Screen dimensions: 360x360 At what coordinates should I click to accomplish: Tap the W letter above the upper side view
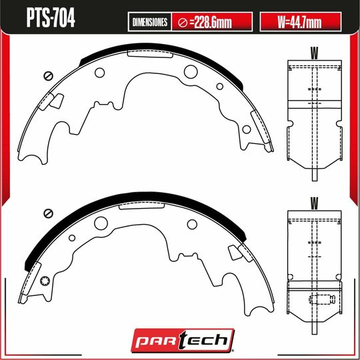coord(313,51)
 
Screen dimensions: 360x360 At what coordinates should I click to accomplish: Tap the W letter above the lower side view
coord(313,201)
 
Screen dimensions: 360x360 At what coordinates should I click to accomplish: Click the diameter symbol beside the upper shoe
coord(47,75)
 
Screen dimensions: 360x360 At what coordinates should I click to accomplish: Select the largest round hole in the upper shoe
coord(189,71)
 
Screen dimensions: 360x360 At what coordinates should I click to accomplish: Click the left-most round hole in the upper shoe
coord(100,73)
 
